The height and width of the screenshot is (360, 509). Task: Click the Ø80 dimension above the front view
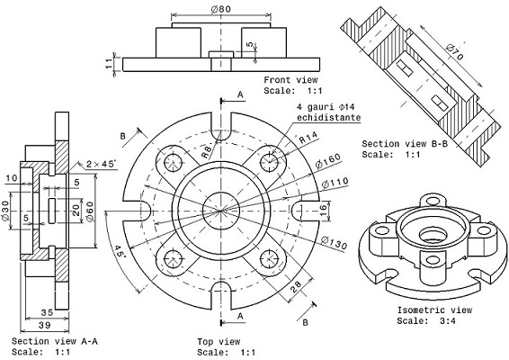tap(220, 9)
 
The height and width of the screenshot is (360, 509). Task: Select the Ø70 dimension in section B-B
tap(455, 51)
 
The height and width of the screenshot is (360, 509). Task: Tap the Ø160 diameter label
tap(328, 160)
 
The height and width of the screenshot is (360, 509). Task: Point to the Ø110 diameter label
tap(335, 183)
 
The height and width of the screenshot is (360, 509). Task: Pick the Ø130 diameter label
tap(334, 243)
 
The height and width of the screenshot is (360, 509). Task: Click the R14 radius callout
tap(308, 138)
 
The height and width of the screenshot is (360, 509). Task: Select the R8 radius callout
tap(207, 151)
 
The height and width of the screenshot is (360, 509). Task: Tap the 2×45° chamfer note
tap(102, 164)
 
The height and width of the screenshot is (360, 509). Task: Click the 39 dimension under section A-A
tap(44, 325)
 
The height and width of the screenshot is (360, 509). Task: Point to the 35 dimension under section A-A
tap(47, 313)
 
